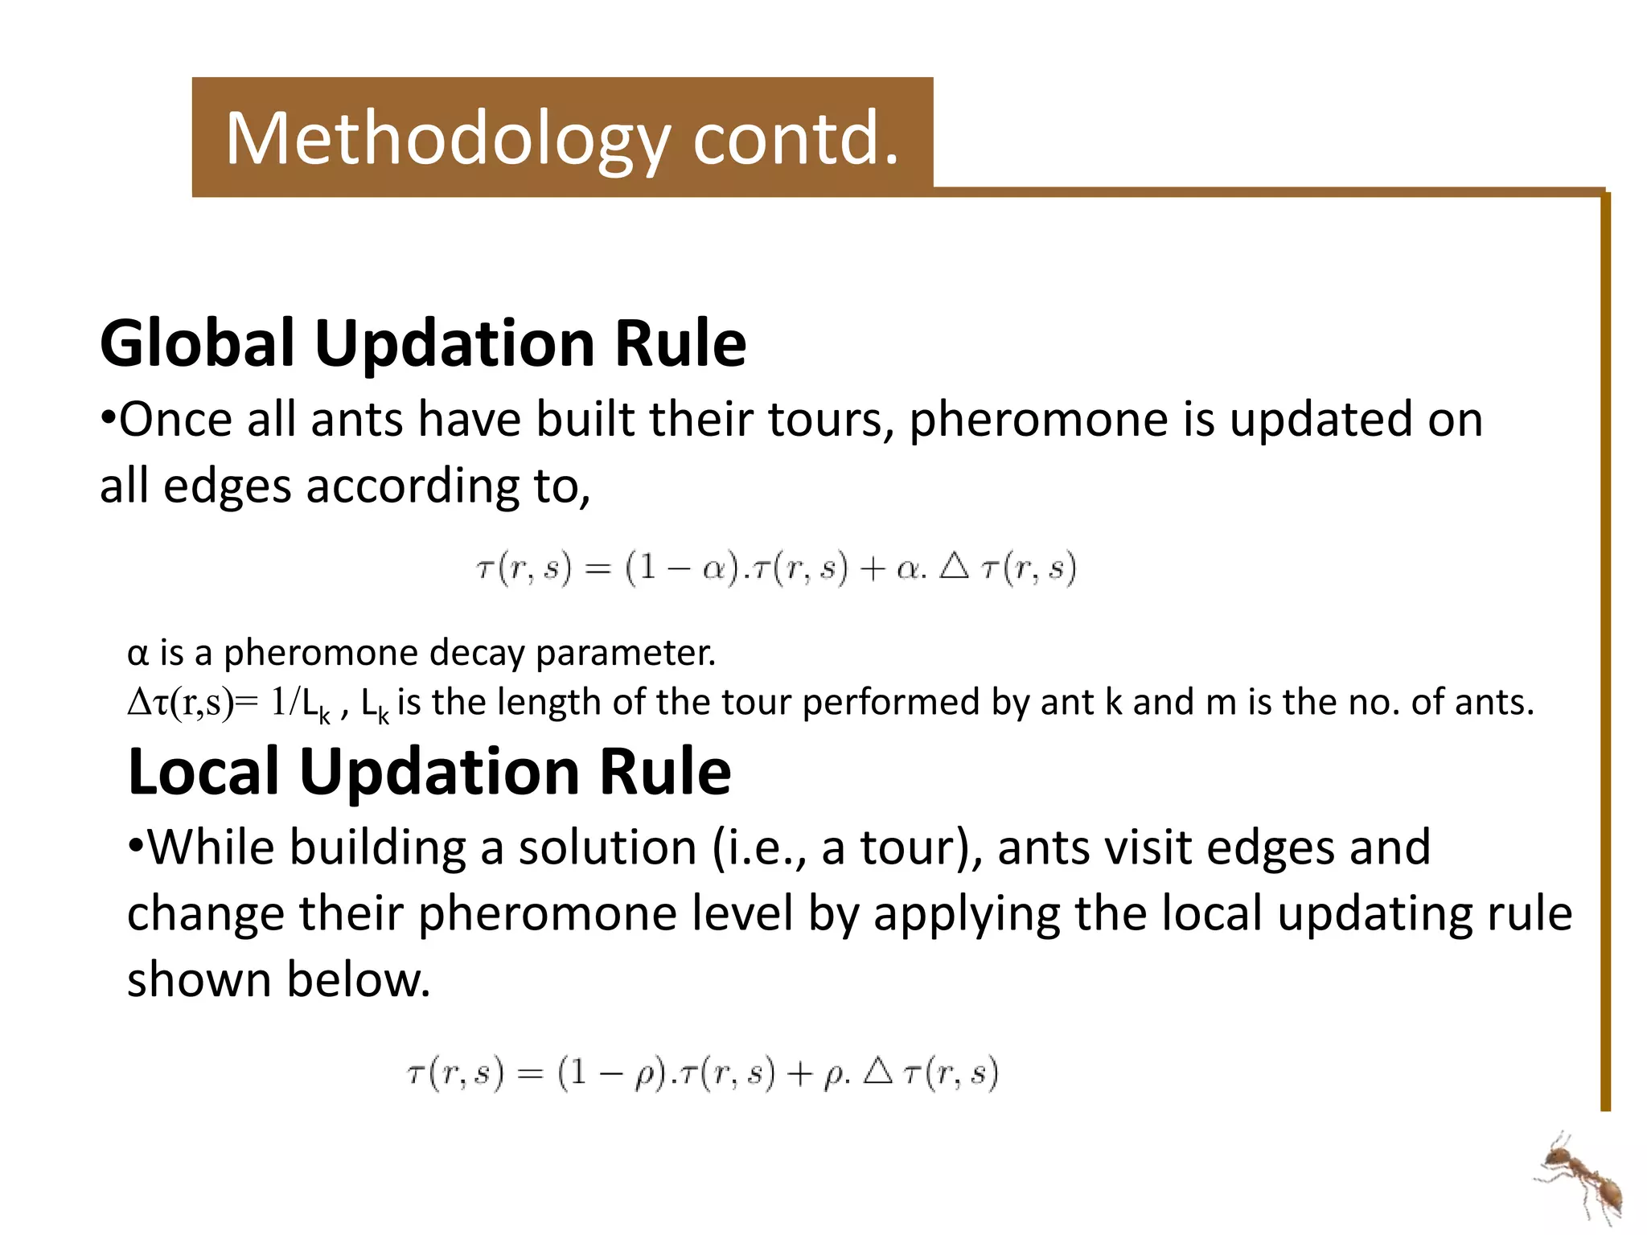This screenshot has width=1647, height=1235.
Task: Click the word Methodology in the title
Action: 446,138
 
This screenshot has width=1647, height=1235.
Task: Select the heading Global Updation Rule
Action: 423,343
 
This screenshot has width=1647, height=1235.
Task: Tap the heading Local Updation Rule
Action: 429,771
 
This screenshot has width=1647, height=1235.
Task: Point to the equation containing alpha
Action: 775,569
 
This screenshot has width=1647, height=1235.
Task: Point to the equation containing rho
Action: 703,1073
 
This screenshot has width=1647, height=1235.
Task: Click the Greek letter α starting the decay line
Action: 138,653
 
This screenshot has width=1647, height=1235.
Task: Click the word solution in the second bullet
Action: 607,847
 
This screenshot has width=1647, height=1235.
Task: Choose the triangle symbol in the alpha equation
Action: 954,567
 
